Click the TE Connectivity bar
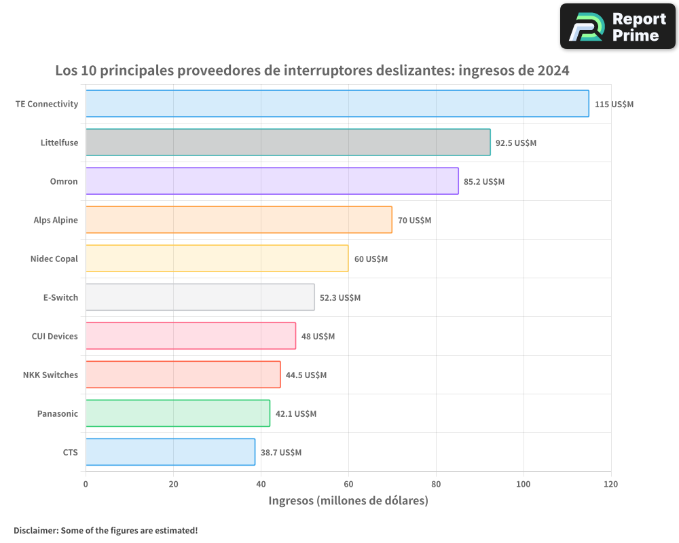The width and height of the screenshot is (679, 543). click(x=337, y=104)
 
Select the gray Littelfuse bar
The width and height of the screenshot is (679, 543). click(x=288, y=143)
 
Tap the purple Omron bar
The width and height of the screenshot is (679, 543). click(x=272, y=181)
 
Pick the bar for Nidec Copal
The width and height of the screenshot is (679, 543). click(x=217, y=259)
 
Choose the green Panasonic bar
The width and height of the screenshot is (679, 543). click(x=177, y=413)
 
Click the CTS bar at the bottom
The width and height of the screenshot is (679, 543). click(x=170, y=452)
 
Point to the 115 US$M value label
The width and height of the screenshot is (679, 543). click(x=614, y=105)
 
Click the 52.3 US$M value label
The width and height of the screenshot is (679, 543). click(x=340, y=298)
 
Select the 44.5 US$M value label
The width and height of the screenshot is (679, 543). click(x=306, y=375)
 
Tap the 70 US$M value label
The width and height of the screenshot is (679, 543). click(x=414, y=221)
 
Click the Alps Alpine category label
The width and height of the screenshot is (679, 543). click(x=56, y=220)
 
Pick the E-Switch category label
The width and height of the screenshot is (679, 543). click(x=60, y=297)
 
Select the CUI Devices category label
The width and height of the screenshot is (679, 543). click(x=54, y=336)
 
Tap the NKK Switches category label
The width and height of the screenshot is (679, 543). click(x=50, y=375)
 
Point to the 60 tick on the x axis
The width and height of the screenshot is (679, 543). click(x=348, y=484)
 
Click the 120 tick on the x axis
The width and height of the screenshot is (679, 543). click(x=610, y=484)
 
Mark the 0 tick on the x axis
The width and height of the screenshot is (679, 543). click(x=86, y=484)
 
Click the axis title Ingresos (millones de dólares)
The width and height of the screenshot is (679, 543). click(x=348, y=501)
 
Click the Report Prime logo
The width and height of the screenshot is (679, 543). click(x=617, y=26)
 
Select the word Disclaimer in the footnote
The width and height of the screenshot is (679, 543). click(x=35, y=530)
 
